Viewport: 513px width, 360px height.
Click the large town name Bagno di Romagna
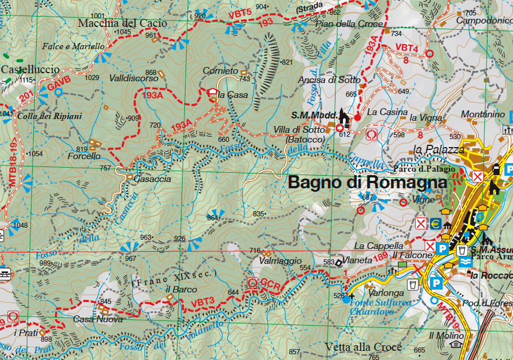367,183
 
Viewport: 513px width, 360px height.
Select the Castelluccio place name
30,69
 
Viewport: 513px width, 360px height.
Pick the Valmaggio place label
280,261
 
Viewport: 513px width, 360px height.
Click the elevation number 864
213,217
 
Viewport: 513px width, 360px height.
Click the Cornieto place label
220,71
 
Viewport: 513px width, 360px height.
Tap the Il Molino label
446,335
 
